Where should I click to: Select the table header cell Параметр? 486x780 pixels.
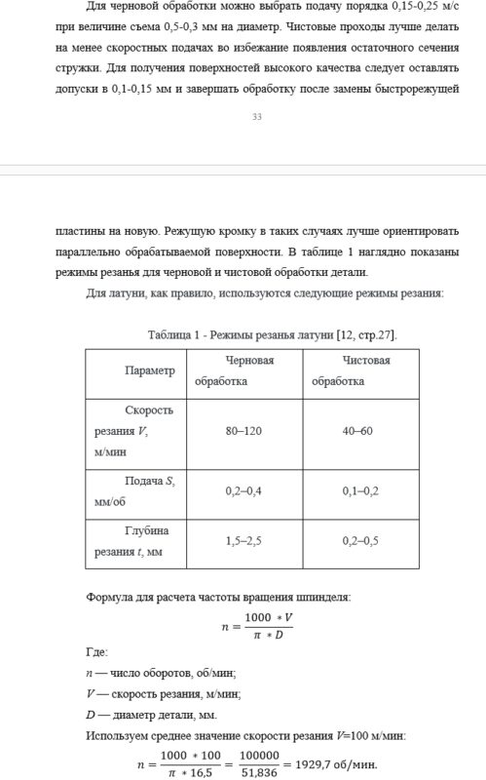click(150, 371)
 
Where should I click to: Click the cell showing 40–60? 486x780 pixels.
click(357, 431)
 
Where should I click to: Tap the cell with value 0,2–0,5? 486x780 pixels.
click(357, 541)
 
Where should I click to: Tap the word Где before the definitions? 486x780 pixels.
click(96, 652)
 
